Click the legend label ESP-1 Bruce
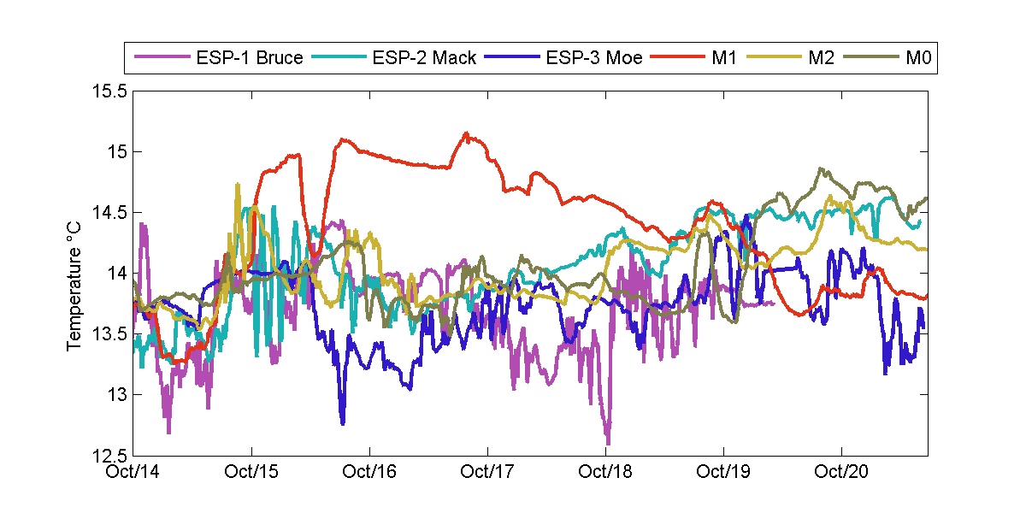[250, 59]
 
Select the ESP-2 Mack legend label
[424, 59]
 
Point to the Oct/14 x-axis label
[134, 471]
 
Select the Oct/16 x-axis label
[369, 471]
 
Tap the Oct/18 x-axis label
[605, 471]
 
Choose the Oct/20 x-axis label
[841, 471]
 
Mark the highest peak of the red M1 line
[466, 133]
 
